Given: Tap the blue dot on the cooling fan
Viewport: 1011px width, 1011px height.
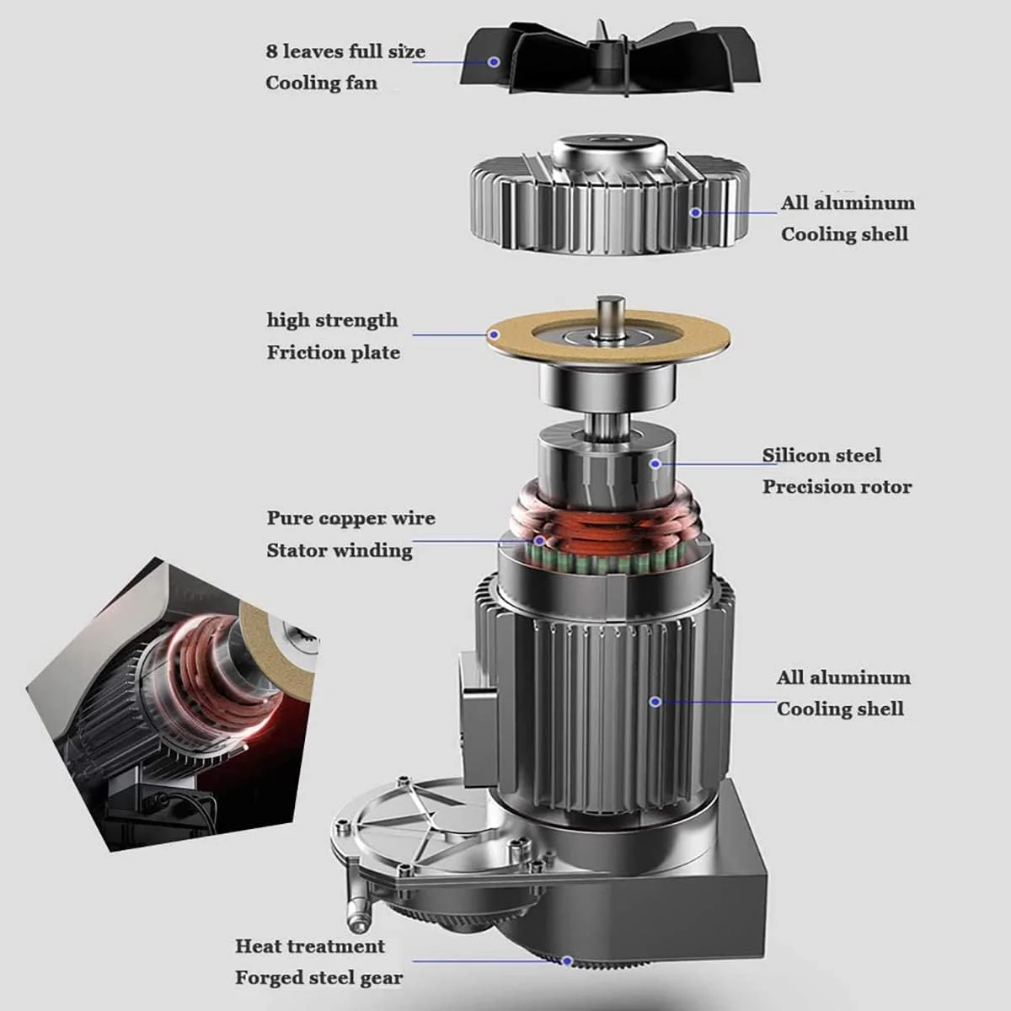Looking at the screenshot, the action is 493,62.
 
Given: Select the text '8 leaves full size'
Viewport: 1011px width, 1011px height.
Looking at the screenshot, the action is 345,51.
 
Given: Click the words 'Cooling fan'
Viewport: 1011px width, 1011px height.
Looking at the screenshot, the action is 321,83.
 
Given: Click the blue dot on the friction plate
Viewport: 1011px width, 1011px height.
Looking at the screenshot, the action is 493,334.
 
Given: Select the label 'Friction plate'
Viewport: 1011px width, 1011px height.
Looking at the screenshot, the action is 333,352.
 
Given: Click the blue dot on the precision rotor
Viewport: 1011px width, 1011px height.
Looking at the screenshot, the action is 655,463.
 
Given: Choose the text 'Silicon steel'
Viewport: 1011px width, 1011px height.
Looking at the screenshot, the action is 821,456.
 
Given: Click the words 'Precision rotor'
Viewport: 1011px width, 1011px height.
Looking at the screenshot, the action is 837,487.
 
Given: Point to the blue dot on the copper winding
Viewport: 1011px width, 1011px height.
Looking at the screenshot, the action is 539,540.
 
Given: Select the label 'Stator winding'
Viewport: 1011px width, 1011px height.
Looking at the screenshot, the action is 340,550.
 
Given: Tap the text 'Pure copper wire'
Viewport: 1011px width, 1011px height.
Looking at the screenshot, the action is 351,518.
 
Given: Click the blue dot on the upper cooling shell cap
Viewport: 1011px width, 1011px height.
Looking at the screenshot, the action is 696,212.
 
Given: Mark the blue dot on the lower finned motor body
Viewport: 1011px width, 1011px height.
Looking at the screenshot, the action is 655,702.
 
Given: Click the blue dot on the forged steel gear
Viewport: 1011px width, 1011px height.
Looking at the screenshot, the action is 567,961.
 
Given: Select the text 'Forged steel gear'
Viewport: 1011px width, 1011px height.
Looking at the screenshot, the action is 319,978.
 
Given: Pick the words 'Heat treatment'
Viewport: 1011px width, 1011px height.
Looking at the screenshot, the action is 310,946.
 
